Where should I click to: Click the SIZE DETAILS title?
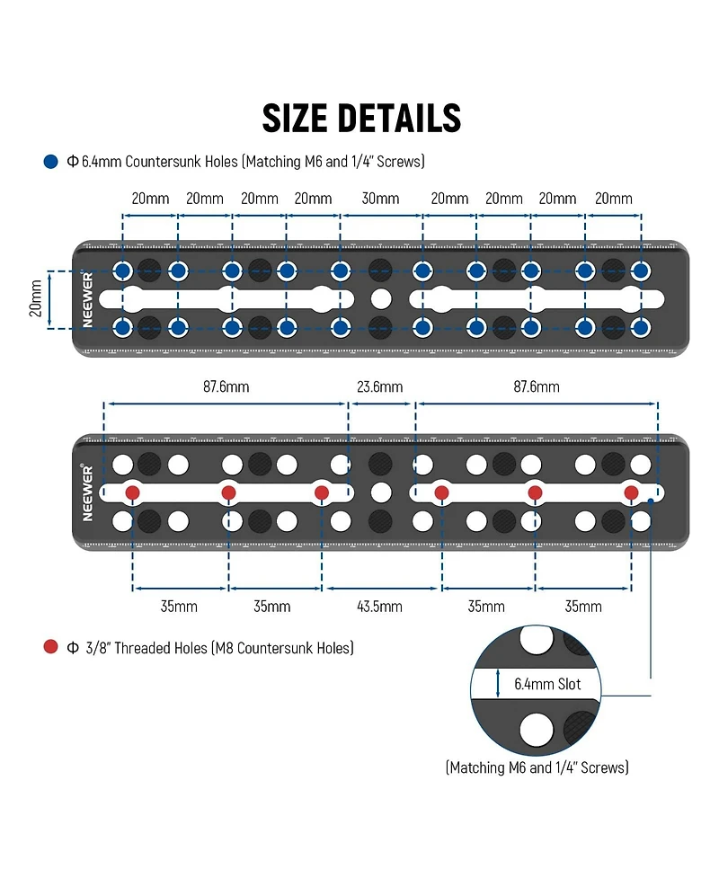click(361, 118)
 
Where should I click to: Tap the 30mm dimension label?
click(380, 199)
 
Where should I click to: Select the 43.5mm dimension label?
click(379, 607)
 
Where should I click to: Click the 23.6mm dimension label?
click(379, 387)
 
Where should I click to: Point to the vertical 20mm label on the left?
click(36, 298)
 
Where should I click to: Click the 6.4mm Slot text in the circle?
click(547, 684)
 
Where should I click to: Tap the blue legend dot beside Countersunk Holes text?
click(51, 162)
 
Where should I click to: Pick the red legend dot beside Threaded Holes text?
click(51, 647)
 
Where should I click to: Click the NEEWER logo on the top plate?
click(87, 299)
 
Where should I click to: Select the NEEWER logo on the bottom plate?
click(87, 492)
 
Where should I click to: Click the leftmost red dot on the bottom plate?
click(133, 492)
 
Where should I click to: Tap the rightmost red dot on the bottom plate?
click(631, 492)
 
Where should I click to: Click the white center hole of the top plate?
click(381, 299)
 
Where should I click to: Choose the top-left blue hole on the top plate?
click(122, 271)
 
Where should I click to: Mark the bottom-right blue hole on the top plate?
click(641, 328)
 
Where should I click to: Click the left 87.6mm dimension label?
click(226, 387)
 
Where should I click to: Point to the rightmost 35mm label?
click(583, 607)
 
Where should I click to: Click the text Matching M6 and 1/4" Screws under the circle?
click(537, 767)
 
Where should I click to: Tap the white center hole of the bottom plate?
click(381, 492)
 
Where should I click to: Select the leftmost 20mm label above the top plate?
click(150, 199)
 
